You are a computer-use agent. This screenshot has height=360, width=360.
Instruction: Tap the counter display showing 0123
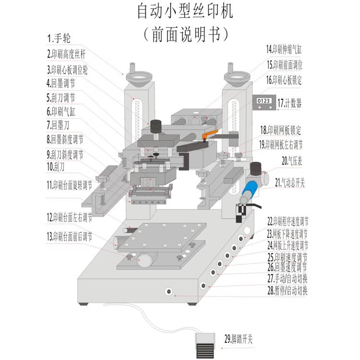[264, 102]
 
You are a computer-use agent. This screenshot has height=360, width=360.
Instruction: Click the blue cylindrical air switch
[250, 192]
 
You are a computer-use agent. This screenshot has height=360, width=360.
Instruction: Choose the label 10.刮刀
[57, 167]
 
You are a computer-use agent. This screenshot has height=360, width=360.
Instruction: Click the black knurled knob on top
[155, 127]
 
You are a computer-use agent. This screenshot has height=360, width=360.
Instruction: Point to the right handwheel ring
[237, 76]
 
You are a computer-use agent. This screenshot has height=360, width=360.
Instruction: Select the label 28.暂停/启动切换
[288, 290]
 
